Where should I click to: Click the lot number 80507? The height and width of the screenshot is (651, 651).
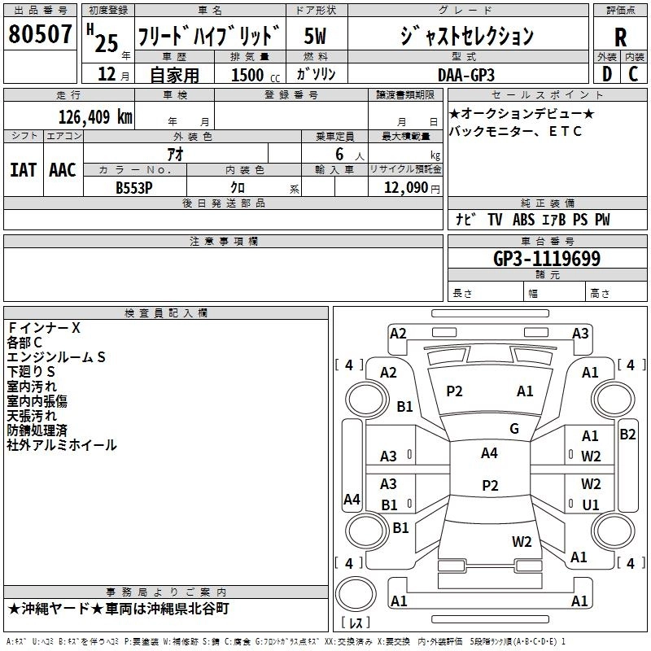41,35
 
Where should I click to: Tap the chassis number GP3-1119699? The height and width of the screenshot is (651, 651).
547,260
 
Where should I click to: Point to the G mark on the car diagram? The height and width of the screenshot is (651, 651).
513,429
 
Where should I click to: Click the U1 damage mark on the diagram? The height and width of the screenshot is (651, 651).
591,505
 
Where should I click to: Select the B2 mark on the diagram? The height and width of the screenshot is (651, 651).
627,434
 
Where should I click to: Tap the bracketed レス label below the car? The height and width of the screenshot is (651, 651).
356,623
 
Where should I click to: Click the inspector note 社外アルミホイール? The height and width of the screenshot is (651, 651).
62,445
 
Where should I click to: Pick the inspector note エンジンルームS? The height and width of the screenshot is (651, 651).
57,357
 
